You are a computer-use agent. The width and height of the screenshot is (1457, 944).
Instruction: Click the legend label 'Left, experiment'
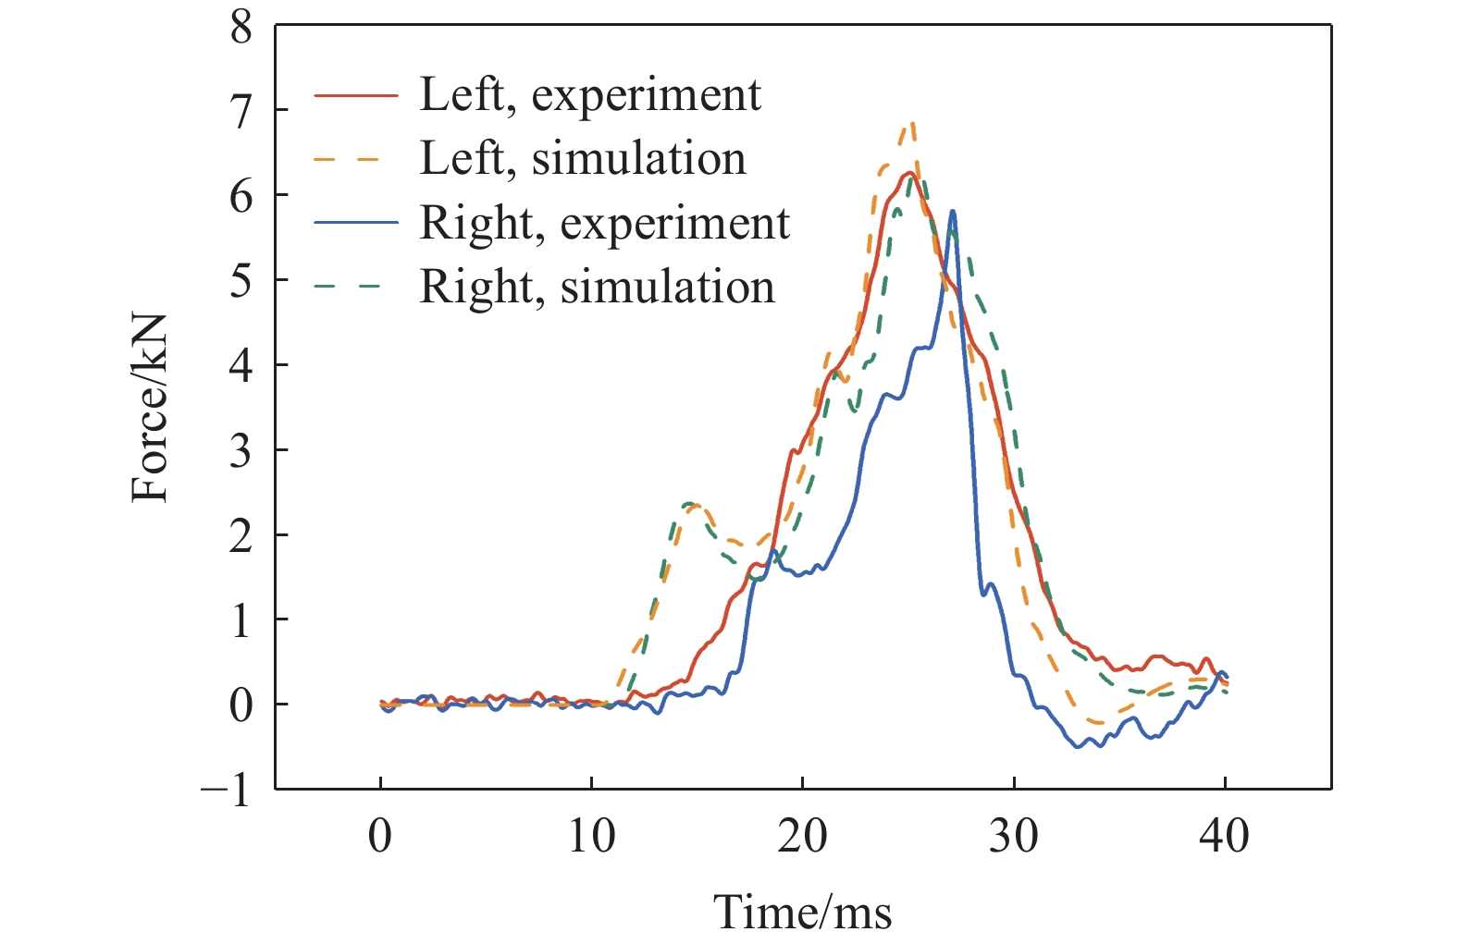[x=590, y=94]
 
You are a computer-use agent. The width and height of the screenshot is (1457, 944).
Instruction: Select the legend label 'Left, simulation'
[x=583, y=158]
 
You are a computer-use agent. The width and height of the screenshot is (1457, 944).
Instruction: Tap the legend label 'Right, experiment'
[x=605, y=223]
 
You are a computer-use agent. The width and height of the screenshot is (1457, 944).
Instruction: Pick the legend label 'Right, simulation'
[x=597, y=287]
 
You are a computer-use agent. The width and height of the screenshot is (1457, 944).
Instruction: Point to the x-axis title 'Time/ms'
[x=802, y=912]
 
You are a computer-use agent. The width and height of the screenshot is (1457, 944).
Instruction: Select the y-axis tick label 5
[x=241, y=280]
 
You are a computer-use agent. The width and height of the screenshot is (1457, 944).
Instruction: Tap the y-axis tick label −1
[x=228, y=790]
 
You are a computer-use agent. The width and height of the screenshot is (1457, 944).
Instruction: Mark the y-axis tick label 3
[x=241, y=450]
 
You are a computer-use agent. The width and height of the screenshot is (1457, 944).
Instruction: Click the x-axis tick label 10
[x=591, y=837]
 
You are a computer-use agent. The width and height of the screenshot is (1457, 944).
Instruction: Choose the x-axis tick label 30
[x=1014, y=837]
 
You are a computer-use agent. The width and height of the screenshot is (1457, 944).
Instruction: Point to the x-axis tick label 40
[x=1225, y=837]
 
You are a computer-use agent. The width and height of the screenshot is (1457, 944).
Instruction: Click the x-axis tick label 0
[x=380, y=837]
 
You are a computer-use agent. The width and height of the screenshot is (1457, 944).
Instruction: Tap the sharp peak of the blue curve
[x=952, y=212]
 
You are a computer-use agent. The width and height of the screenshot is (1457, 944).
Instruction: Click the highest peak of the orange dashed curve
[x=912, y=123]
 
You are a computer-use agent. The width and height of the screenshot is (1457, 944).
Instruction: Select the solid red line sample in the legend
[x=356, y=95]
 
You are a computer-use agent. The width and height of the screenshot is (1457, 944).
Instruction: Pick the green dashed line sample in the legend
[x=356, y=287]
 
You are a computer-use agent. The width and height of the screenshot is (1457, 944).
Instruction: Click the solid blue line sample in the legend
[x=356, y=223]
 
